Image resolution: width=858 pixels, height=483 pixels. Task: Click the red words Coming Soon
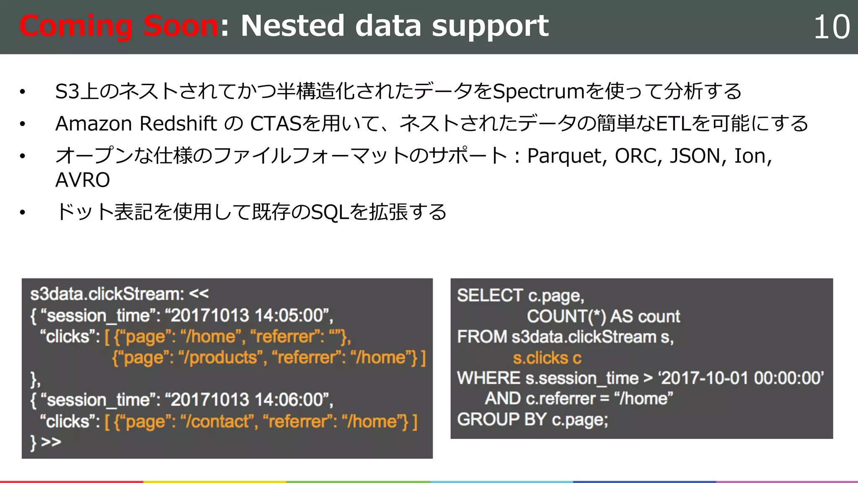(x=119, y=26)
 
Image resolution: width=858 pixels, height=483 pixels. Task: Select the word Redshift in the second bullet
(x=178, y=124)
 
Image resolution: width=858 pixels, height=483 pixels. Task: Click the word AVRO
(x=83, y=180)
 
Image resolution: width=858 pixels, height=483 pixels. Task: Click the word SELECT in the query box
(x=489, y=296)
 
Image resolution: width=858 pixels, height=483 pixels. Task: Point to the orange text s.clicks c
(x=547, y=358)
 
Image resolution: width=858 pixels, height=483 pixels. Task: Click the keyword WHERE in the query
(x=488, y=378)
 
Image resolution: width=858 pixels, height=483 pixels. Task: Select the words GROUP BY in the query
(x=501, y=419)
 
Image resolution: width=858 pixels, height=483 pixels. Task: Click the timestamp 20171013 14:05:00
(x=248, y=316)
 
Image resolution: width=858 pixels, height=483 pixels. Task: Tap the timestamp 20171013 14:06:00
(x=248, y=400)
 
